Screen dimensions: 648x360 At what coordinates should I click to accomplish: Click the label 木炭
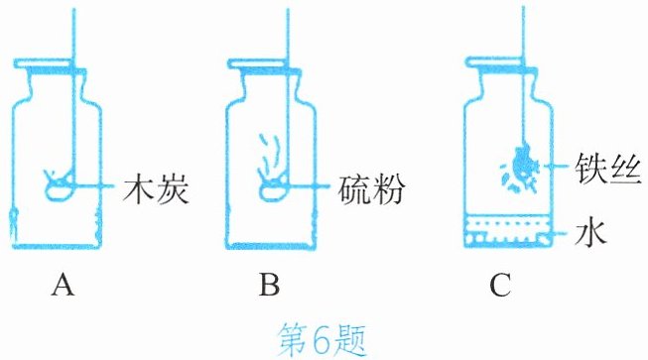[156, 190]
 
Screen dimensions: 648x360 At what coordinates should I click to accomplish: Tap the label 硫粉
[371, 190]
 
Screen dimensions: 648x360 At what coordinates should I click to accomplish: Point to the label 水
[590, 233]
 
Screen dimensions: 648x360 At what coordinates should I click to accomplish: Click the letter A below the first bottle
[63, 286]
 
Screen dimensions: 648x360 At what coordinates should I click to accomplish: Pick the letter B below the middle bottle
[269, 286]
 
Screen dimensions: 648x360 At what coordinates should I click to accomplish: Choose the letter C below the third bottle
[500, 286]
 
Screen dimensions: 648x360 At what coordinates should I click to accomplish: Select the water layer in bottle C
[508, 231]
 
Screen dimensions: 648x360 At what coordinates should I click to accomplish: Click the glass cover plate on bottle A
[50, 64]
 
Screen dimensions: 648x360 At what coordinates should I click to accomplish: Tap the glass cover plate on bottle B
[265, 64]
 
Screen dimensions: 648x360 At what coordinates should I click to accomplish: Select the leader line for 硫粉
[310, 186]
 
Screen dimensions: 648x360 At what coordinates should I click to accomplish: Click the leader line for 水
[561, 234]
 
